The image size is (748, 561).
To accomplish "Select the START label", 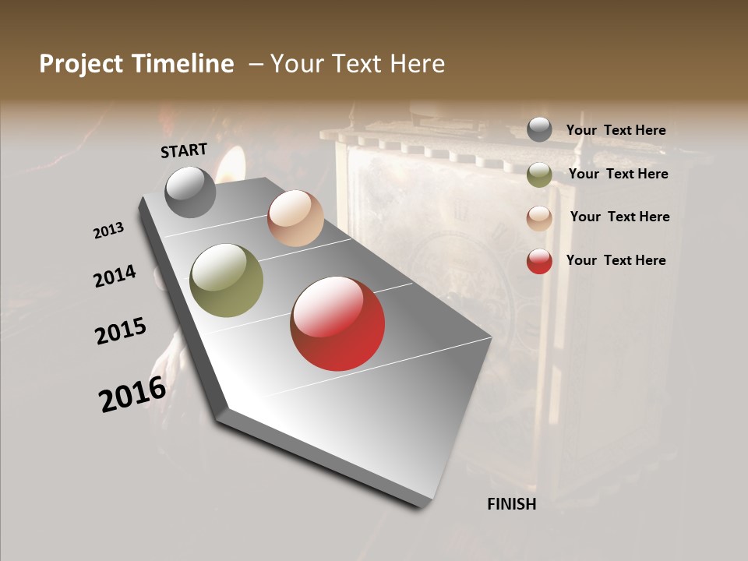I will point(184,150).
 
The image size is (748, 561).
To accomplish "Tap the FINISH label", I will point(512,504).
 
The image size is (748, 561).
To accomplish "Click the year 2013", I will point(108,231).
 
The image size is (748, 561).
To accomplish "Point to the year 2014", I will point(115,277).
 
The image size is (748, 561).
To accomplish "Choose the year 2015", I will point(121,331).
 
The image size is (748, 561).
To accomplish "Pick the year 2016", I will point(132,394).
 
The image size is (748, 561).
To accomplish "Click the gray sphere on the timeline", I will point(190,192).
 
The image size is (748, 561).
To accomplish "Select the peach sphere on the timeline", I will point(295,218).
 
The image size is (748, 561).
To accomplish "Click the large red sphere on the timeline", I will point(337,323).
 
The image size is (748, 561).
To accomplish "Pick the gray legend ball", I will point(539,129).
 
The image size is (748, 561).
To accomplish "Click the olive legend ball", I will point(539,175).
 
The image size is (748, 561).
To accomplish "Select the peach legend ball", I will point(539,218).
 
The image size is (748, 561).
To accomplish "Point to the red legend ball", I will point(539,261).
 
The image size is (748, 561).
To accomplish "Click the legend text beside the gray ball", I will point(616,130).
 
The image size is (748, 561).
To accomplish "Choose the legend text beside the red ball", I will point(616,260).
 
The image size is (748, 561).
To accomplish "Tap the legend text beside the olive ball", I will point(618,174).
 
